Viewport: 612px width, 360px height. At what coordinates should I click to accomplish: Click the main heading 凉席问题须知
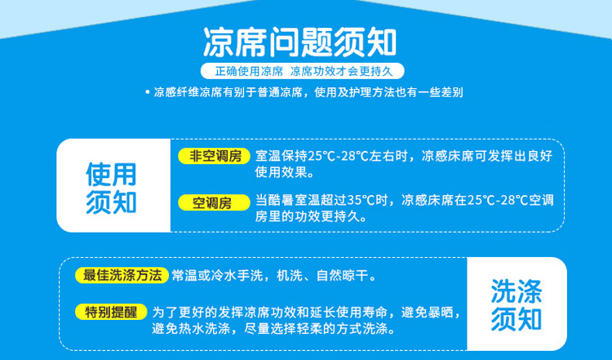[299, 42]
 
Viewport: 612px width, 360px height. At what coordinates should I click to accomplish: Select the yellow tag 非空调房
[215, 156]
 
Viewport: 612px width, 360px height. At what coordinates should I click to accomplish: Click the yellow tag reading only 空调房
[215, 202]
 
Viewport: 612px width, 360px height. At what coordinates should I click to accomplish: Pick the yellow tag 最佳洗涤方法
[122, 275]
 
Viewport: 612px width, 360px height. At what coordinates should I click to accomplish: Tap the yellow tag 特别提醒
[111, 312]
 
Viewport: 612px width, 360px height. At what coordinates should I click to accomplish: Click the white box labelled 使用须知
[113, 185]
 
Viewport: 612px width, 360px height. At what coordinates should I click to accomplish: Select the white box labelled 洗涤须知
[517, 304]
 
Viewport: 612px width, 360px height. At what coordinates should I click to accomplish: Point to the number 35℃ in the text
[361, 200]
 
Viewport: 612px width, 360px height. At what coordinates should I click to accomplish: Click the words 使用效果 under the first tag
[281, 172]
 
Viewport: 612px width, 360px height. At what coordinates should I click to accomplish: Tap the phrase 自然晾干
[342, 276]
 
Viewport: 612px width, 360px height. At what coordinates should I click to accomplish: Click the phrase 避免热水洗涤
[191, 329]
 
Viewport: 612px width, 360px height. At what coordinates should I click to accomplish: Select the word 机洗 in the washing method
[290, 276]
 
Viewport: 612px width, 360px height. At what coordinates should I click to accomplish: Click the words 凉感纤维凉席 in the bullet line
[188, 92]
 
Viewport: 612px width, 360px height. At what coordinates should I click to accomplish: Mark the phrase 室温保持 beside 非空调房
[282, 156]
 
